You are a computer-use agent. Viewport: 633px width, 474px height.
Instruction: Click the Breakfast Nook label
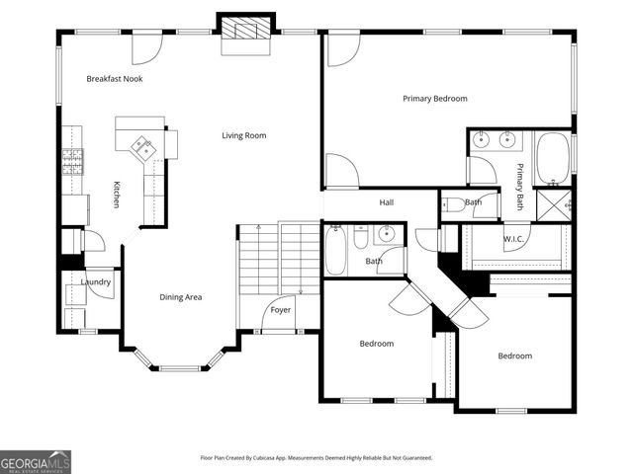(x=114, y=79)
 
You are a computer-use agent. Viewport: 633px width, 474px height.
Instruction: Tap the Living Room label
(x=243, y=136)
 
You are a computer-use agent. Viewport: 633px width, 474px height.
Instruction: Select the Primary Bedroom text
(x=434, y=99)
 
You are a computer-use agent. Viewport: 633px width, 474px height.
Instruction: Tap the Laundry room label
(x=96, y=282)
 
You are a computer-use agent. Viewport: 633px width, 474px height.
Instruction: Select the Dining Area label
(x=181, y=296)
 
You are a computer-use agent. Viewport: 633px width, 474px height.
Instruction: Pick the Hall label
(x=387, y=203)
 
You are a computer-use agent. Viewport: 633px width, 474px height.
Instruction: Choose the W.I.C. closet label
(x=512, y=238)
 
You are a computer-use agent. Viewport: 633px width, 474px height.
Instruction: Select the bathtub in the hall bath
(x=335, y=251)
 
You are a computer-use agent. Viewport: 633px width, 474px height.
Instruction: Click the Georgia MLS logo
(x=36, y=461)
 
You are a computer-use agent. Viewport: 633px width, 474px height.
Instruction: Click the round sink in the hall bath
(x=386, y=234)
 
